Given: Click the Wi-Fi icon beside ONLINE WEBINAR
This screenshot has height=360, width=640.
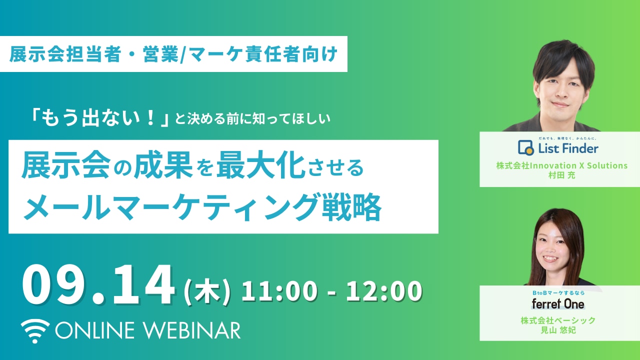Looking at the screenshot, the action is tap(35, 331).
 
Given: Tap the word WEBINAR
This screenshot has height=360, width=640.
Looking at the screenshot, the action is tap(191, 330).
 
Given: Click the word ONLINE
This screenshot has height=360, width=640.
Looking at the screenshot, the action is tap(95, 330).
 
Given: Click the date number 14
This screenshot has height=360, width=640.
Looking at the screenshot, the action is tap(143, 284).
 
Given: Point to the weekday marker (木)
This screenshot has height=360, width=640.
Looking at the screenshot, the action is tap(207, 291).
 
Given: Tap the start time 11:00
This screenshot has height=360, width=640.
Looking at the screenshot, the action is tap(279, 291).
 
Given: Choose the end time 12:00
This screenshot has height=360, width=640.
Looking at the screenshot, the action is tap(384, 291).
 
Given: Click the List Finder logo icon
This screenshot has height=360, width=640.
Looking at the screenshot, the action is tap(525, 147).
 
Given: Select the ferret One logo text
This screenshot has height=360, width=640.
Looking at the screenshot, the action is tap(557, 304).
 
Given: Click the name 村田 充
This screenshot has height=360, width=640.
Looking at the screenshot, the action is tap(561, 175).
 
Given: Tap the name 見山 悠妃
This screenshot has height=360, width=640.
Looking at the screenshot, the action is tap(558, 330).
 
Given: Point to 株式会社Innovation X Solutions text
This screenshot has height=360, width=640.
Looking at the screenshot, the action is tap(561, 165).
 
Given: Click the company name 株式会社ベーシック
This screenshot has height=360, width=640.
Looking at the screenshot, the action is tap(558, 320).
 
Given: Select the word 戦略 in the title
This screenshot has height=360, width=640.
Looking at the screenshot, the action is tap(351, 207).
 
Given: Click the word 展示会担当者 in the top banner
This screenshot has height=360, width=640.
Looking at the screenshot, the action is tap(65, 54).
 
